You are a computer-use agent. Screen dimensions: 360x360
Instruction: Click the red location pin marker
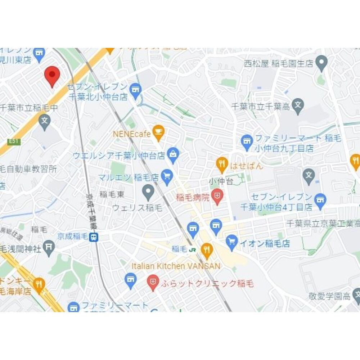point(52,75)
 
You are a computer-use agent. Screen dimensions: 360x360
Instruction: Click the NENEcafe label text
point(131,134)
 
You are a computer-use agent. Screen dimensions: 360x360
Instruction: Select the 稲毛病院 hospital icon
point(217,196)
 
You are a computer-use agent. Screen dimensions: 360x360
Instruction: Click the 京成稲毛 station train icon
point(94,237)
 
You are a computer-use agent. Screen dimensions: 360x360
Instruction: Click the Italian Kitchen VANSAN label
point(176,266)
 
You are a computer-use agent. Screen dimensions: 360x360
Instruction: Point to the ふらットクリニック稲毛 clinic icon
point(153,282)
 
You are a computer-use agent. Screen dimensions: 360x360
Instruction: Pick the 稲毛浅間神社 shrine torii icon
point(49,247)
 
